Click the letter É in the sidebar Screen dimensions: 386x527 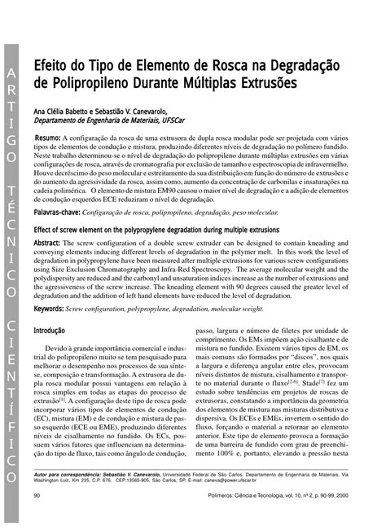pos(11,216)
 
